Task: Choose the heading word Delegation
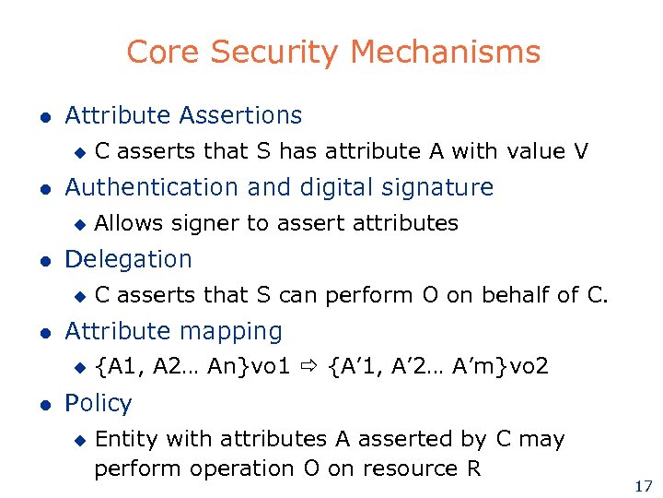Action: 128,259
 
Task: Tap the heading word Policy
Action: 99,403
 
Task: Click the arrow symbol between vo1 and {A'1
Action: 309,367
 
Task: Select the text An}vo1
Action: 250,367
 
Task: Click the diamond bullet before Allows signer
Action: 79,224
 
